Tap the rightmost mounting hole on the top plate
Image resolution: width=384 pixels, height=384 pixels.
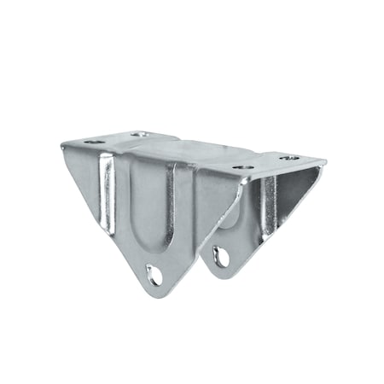point(289,158)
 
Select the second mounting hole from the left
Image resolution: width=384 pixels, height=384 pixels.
point(139,134)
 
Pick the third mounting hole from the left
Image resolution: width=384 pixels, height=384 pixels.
point(243,167)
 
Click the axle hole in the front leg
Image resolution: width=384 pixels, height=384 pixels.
point(154,274)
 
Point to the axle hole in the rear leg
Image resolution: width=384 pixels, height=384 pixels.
point(221,255)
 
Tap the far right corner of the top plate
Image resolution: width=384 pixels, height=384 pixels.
point(327,161)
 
